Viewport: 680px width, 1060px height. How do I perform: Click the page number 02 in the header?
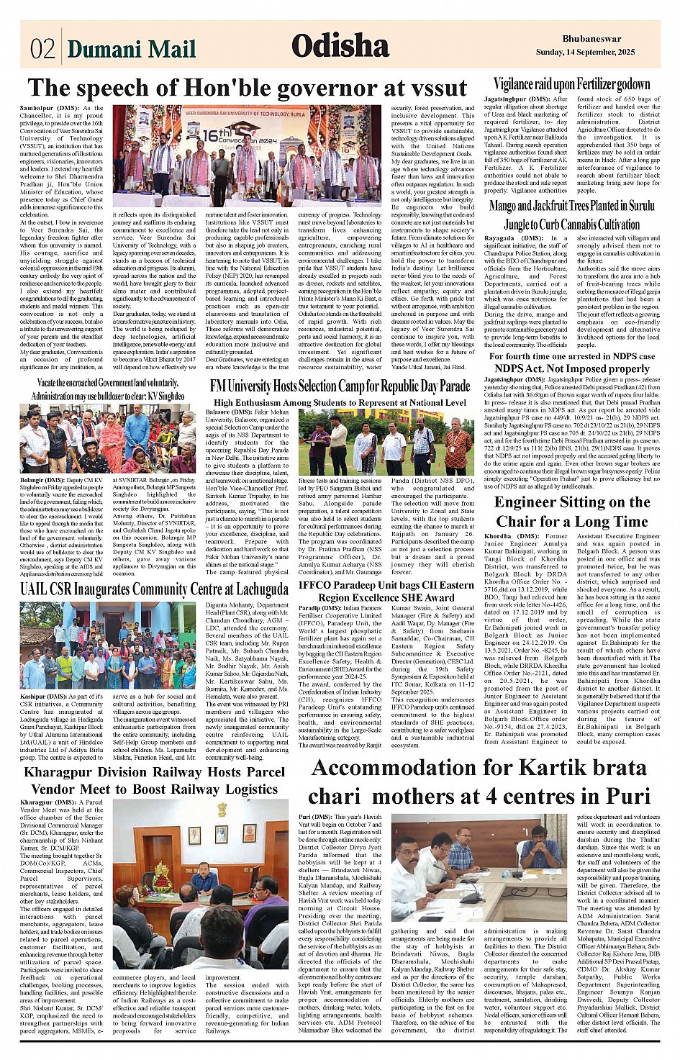(x=42, y=48)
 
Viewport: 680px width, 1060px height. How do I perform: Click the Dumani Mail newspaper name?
(x=131, y=49)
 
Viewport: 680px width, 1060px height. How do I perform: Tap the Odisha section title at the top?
(x=340, y=46)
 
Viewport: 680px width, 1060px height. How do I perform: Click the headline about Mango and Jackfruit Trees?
(x=571, y=214)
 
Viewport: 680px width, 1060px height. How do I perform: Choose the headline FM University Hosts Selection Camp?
(x=340, y=386)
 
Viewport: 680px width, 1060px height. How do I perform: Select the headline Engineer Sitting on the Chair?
(x=571, y=511)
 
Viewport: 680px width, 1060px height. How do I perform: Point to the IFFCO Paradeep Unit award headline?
(x=386, y=591)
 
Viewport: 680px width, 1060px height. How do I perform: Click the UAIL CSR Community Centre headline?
(x=154, y=590)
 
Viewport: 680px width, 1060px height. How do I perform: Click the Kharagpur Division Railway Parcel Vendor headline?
(x=154, y=781)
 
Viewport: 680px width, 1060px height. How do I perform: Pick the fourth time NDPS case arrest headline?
(x=571, y=362)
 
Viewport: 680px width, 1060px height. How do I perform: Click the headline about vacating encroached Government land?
(x=107, y=389)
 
